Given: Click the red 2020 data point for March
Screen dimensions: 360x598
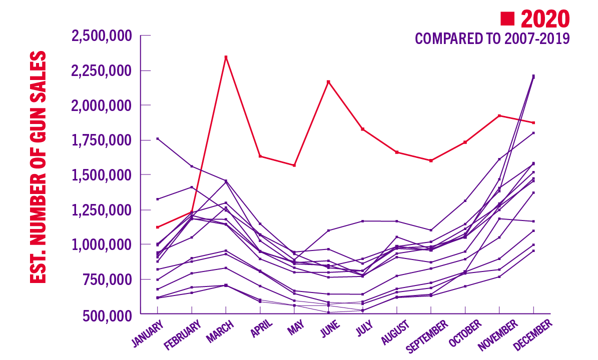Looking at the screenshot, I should pyautogui.click(x=226, y=57).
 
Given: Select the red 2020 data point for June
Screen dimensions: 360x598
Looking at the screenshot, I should pyautogui.click(x=328, y=81).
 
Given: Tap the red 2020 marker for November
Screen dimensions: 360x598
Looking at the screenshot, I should pyautogui.click(x=499, y=115).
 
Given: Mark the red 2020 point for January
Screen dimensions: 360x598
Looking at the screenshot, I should pyautogui.click(x=158, y=227).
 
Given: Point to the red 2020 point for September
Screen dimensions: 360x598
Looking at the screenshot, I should pyautogui.click(x=431, y=160).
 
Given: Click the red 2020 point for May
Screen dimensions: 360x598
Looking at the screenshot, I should pyautogui.click(x=294, y=165).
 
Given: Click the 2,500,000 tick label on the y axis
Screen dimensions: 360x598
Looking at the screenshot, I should pyautogui.click(x=102, y=36).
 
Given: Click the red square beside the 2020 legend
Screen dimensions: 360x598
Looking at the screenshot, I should pyautogui.click(x=508, y=19).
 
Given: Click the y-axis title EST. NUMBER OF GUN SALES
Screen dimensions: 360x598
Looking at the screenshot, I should pyautogui.click(x=38, y=167).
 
